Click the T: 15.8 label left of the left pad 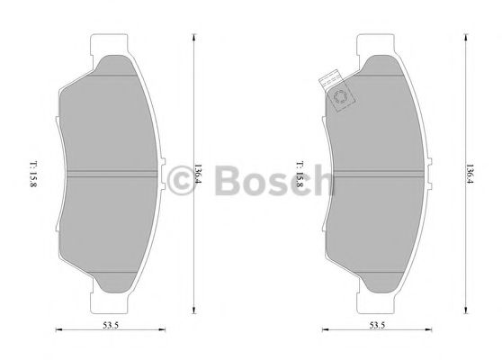coord(33,171)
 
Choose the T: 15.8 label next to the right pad coord(299,171)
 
